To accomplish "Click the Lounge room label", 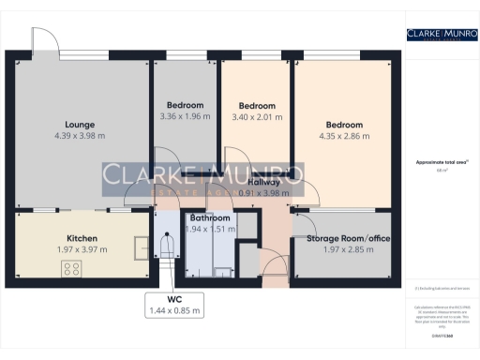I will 80,124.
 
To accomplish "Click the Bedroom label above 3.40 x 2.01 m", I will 257,106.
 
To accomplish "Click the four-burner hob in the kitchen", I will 71,270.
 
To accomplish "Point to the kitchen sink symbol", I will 139,247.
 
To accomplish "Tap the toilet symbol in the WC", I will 167,246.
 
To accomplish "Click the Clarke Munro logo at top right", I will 442,36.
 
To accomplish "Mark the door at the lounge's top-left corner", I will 44,40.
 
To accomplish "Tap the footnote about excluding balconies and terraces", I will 441,288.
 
